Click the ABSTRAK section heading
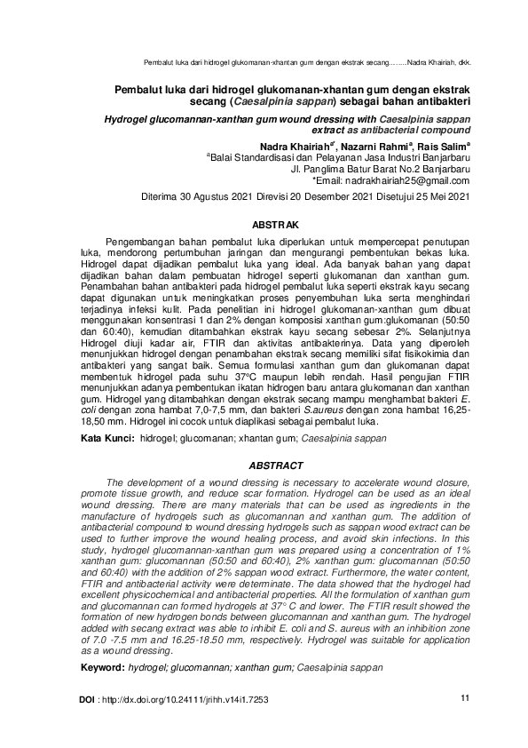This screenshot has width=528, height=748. pyautogui.click(x=275, y=227)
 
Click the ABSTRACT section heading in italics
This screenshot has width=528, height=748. pyautogui.click(x=276, y=466)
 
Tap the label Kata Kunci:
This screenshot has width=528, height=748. pyautogui.click(x=107, y=440)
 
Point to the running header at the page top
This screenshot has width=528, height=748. pyautogui.click(x=306, y=63)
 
